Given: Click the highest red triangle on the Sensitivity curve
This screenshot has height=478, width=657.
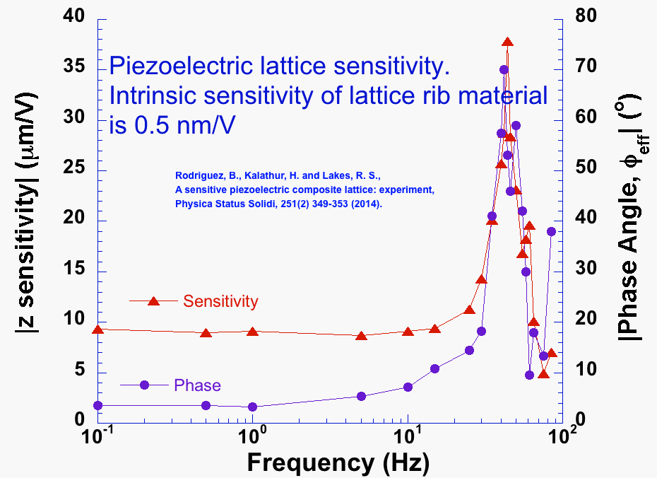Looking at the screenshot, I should coord(507,42).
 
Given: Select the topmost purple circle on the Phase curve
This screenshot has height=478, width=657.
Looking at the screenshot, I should coord(504,69).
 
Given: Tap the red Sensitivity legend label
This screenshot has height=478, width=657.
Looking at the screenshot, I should coord(220,301).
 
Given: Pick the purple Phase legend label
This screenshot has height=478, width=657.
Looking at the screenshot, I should coord(197,385).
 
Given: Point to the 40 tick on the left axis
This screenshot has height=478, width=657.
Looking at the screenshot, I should coord(76,16).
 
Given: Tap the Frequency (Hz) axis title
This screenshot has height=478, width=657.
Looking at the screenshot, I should coord(338,462).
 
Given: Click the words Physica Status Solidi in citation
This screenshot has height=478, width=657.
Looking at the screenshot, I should coord(232,204).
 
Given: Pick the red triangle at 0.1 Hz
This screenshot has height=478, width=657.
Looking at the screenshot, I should coord(98,330).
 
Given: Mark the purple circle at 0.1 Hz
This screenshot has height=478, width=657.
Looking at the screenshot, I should coord(98,405).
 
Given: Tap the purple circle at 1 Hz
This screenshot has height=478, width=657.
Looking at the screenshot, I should coord(252,407).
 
